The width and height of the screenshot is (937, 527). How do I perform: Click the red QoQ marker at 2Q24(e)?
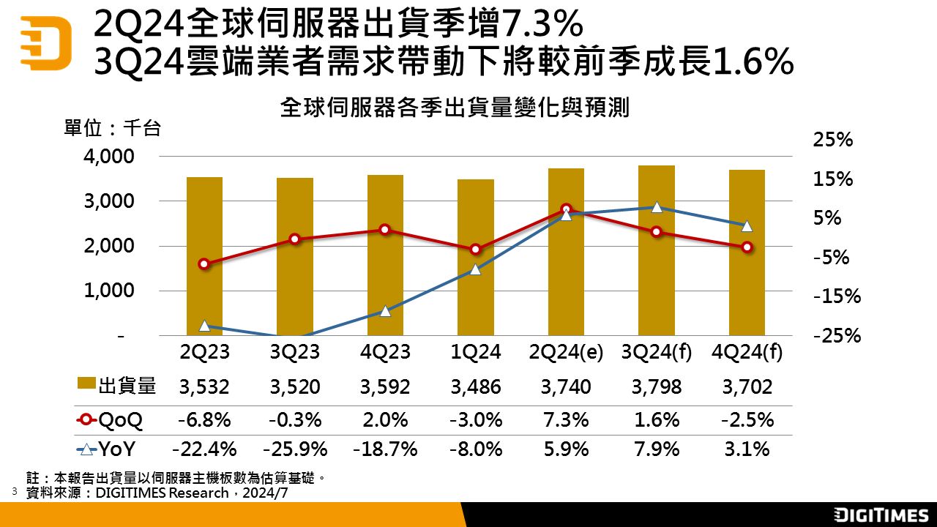566,209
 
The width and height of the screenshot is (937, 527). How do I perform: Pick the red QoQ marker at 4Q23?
385,230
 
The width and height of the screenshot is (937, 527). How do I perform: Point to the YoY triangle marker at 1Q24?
475,269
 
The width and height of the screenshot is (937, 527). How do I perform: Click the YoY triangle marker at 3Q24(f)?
657,207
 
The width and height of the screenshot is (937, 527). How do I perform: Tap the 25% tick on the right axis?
833,141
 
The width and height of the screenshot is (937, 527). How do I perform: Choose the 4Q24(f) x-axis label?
747,352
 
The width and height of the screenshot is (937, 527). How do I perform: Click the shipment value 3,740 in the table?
566,386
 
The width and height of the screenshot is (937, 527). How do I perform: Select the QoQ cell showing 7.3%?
566,420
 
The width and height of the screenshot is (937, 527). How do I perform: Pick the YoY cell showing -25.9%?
294,449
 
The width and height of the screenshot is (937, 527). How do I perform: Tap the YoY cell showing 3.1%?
747,449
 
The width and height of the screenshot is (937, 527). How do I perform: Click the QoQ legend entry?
110,420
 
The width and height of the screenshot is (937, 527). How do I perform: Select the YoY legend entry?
110,449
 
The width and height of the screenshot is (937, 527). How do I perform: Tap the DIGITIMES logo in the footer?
881,515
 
